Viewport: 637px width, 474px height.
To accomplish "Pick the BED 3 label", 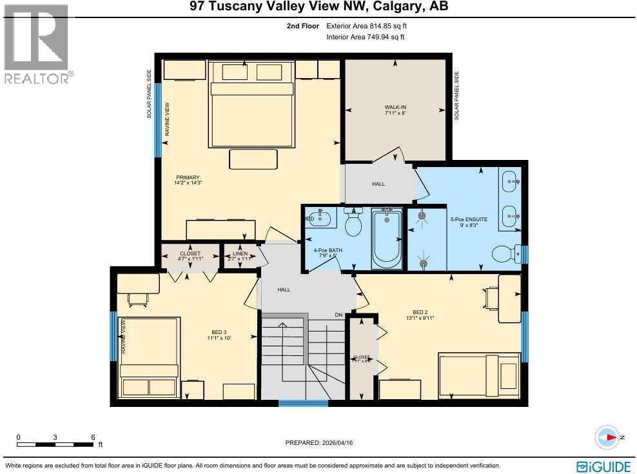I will coord(219,333).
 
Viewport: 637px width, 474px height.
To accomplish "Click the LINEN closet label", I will coord(240,253).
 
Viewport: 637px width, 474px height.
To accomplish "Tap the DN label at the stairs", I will coord(338,315).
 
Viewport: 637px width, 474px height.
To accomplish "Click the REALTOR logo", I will coord(37,44).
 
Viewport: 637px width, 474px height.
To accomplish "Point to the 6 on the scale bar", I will coord(93,437).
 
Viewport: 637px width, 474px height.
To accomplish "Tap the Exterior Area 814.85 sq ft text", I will coord(367,26).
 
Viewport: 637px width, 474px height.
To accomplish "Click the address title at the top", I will coord(318,7).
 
